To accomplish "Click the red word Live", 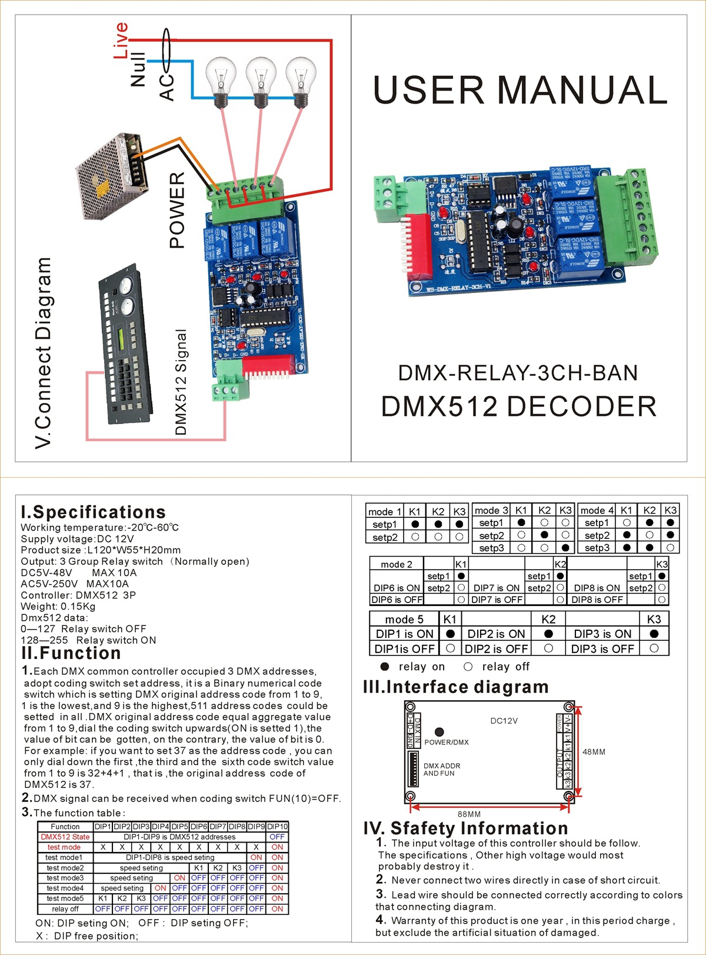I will [121, 40].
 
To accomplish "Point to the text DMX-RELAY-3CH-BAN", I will [518, 373].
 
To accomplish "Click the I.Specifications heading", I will [93, 512].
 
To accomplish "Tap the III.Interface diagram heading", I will [455, 687].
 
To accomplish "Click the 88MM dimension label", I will [469, 814].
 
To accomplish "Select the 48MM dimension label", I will [594, 752].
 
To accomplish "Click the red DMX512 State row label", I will [65, 837].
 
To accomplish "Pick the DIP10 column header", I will [277, 827].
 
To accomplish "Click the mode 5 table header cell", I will [404, 619].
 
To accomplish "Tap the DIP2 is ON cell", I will [496, 634].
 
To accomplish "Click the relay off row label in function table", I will [65, 909].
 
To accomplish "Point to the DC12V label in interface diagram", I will [504, 721].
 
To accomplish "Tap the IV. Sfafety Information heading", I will [465, 828].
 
